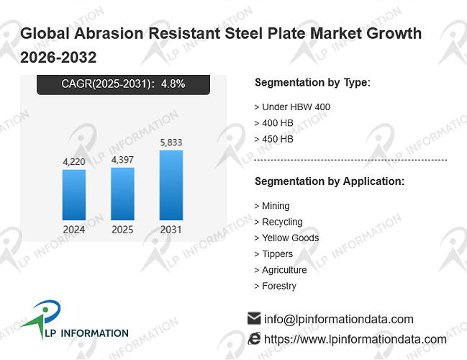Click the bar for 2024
74,195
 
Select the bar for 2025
123,194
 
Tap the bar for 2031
171,185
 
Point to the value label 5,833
171,143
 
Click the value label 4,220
74,162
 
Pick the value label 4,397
122,160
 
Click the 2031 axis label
171,230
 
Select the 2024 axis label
74,230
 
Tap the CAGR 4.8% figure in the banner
173,84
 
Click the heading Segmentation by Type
312,83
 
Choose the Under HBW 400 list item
292,107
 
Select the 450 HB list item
273,139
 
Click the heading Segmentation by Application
330,181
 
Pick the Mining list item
272,206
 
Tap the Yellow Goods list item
286,238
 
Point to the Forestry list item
275,286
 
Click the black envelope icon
254,318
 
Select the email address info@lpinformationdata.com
339,319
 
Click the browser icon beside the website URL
254,339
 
